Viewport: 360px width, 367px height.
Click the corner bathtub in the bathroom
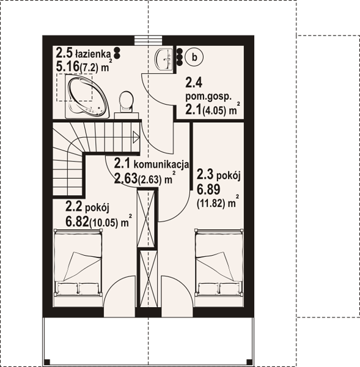click(87, 96)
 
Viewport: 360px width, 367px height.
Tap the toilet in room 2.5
click(126, 102)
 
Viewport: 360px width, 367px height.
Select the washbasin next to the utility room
click(164, 59)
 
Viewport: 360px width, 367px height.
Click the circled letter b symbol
click(194, 57)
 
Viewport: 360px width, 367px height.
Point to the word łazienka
click(93, 54)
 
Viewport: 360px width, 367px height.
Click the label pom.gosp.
click(208, 97)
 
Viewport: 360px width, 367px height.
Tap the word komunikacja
click(161, 165)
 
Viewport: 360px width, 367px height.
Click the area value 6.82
click(78, 221)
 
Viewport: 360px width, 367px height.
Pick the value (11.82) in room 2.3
click(211, 204)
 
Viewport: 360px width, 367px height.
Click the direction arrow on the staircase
click(136, 136)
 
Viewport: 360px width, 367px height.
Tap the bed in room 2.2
click(78, 263)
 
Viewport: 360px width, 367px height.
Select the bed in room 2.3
click(219, 263)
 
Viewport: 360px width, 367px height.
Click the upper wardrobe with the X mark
click(146, 218)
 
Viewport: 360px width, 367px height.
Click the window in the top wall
click(149, 40)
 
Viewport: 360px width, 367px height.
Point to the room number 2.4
click(194, 83)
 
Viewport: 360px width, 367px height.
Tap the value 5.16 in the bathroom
click(67, 67)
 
